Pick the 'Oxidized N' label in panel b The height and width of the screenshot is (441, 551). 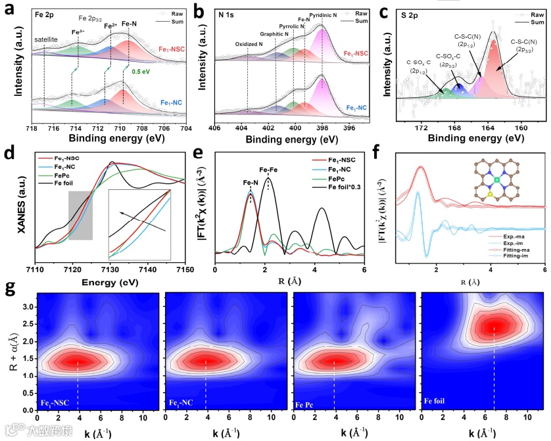coord(251,45)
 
